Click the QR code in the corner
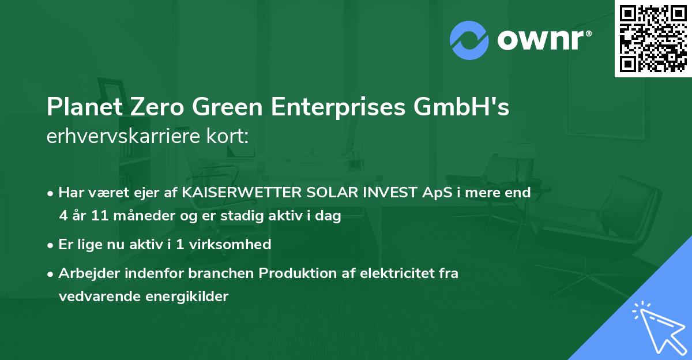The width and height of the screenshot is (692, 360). (653, 38)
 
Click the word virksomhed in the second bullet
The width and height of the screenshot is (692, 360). (238, 244)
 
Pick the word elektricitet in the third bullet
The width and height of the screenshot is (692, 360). (390, 273)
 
